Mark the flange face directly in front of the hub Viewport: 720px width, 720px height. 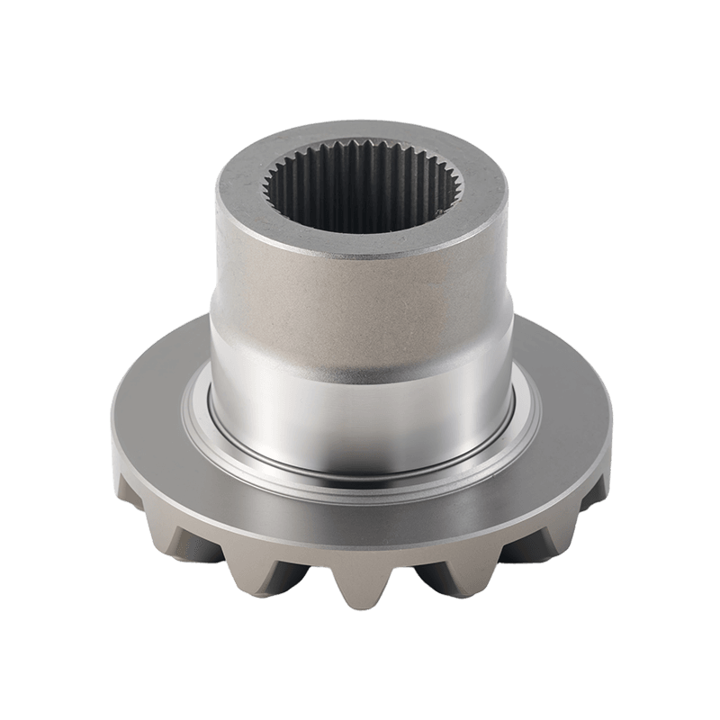pyautogui.click(x=360, y=504)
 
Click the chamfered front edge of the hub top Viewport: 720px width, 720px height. pyautogui.click(x=360, y=255)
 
